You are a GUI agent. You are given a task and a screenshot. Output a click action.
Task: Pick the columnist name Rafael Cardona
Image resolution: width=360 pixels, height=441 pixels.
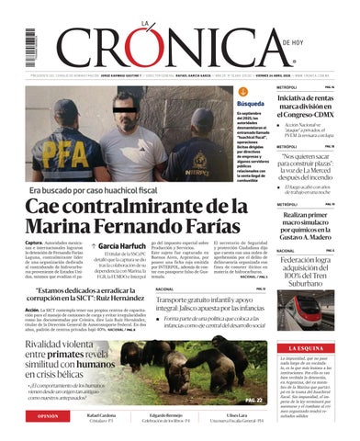(x=102, y=414)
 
